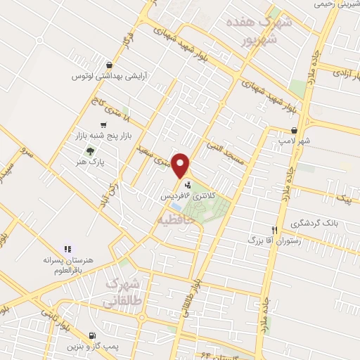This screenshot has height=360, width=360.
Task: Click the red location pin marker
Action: point(181,165)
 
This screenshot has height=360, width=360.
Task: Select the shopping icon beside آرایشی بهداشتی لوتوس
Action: point(103,65)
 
